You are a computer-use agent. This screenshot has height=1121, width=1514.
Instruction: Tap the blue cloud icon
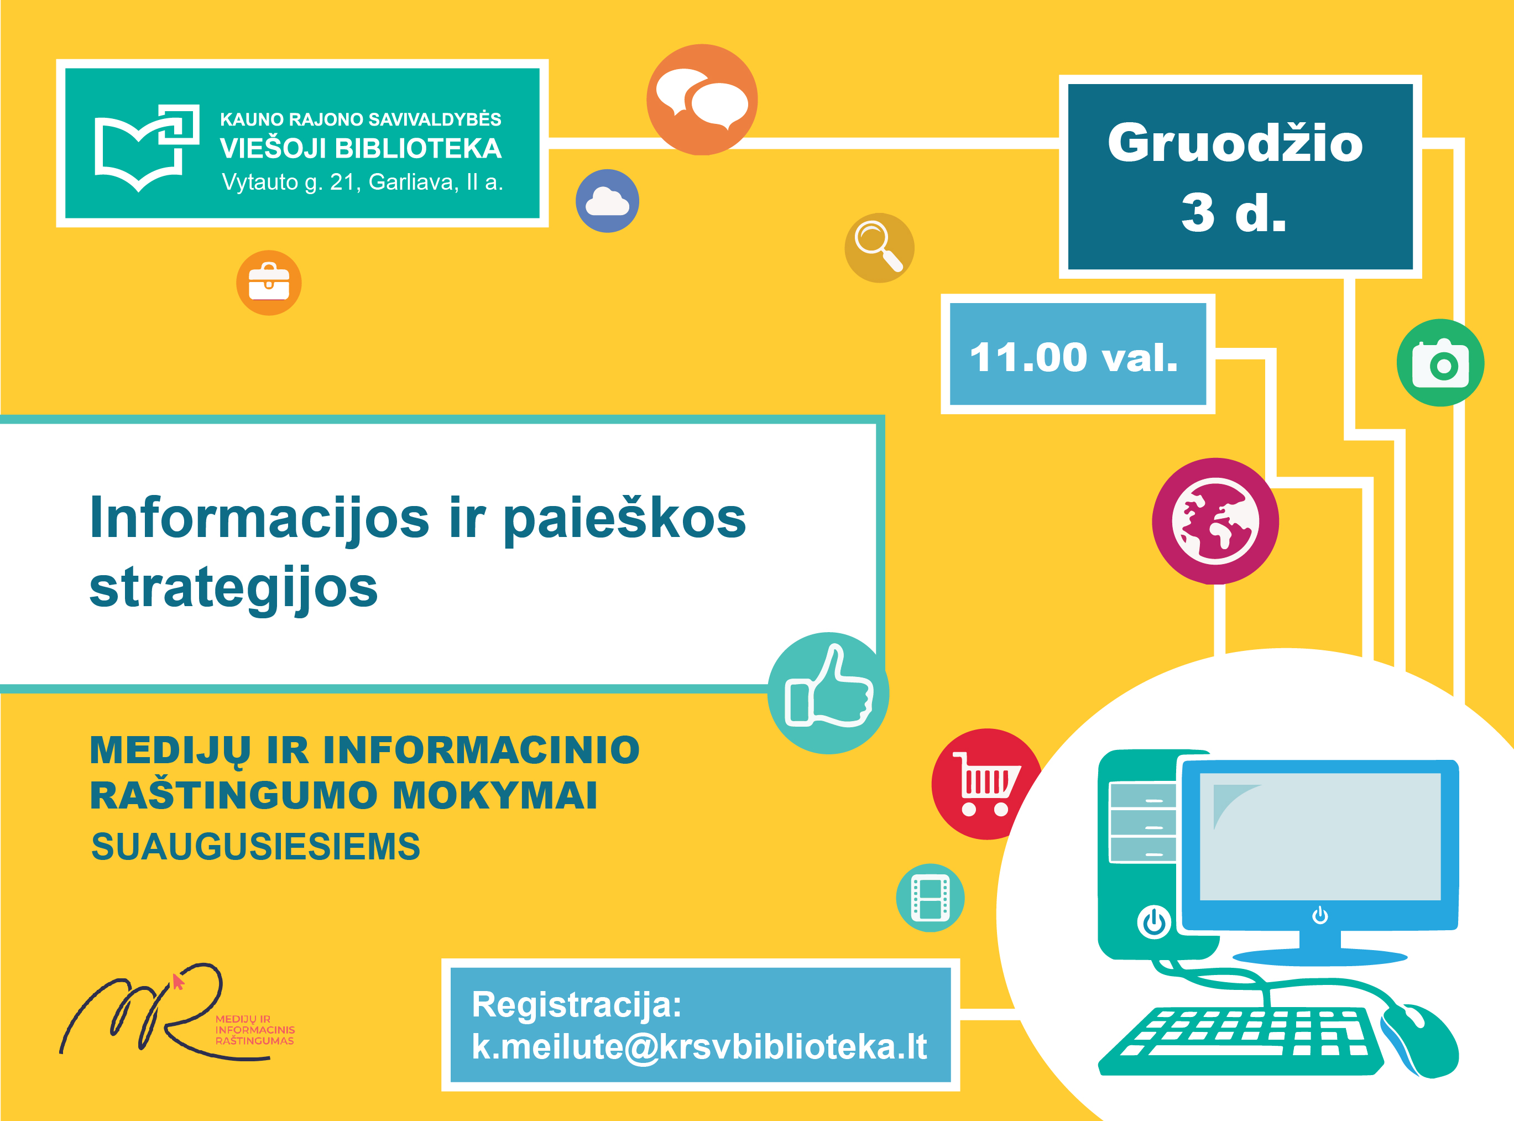click(x=607, y=201)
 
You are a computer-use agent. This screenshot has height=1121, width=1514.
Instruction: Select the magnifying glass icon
click(x=879, y=248)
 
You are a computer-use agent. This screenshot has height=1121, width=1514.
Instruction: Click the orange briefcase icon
click(x=269, y=282)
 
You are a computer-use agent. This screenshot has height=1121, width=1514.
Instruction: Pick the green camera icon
click(x=1440, y=363)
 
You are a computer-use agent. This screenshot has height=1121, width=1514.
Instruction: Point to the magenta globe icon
click(x=1215, y=521)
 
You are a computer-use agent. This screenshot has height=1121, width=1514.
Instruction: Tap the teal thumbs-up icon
click(x=828, y=693)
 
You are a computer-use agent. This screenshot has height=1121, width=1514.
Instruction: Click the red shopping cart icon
click(x=987, y=784)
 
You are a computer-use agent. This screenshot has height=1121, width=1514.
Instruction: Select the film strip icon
click(x=930, y=898)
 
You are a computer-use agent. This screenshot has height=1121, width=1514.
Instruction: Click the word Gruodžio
click(x=1235, y=144)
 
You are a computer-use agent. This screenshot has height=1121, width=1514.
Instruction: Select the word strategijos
click(x=233, y=588)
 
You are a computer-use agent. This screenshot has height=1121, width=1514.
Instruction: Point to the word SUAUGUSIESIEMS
click(x=255, y=846)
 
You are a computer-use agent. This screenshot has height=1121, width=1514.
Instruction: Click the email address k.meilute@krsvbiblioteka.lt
click(x=699, y=1046)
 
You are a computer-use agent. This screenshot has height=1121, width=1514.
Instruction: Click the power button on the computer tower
click(x=1154, y=922)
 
